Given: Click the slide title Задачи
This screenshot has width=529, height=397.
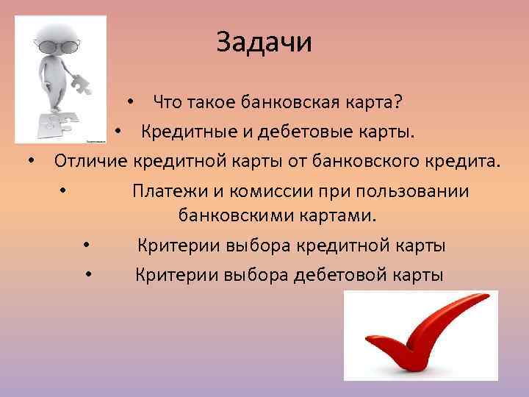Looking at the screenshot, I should click(264, 42).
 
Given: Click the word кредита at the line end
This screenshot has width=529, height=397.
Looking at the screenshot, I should click(467, 162).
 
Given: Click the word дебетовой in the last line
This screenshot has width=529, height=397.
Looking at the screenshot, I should click(340, 276).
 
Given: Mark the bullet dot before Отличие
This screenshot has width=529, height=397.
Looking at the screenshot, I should click(32, 162).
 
